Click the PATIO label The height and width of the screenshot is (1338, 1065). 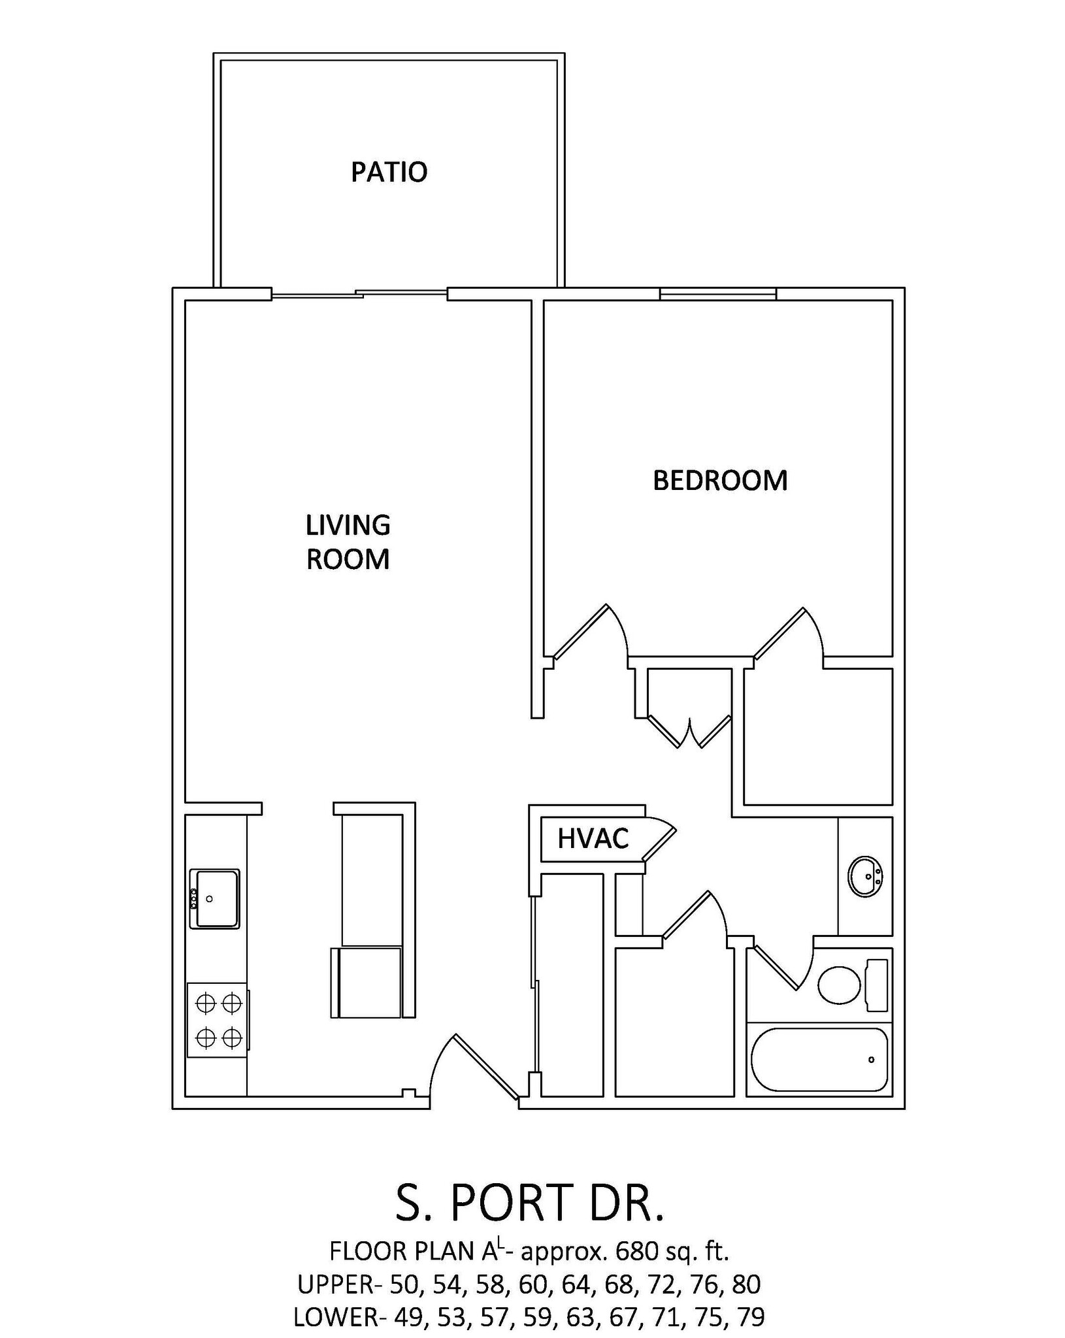[x=389, y=172]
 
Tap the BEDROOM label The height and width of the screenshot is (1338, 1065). [x=720, y=481]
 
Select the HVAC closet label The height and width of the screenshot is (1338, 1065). [x=593, y=838]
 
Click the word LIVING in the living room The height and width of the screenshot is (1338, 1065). [x=348, y=525]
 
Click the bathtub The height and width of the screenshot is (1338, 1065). [x=819, y=1060]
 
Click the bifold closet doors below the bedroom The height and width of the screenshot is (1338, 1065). [x=689, y=732]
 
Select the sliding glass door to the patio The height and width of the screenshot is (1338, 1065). [x=359, y=294]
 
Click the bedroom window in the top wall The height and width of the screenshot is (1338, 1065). [x=717, y=294]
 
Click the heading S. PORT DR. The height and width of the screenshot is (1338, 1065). [x=529, y=1203]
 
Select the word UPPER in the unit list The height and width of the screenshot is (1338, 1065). [x=335, y=1284]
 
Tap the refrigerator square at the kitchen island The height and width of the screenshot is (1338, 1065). [x=367, y=983]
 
